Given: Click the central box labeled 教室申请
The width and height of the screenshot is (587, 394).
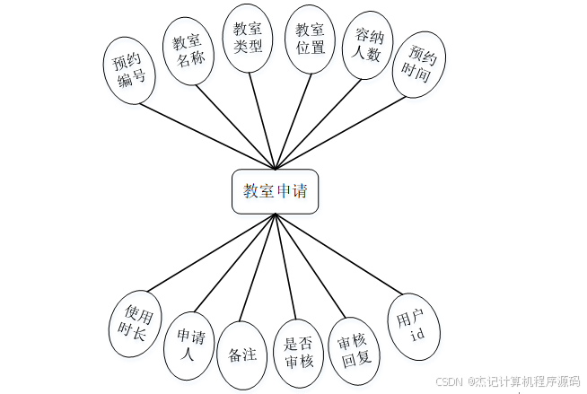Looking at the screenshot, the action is coord(275,191).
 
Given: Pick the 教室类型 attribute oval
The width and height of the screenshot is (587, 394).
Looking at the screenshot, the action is coord(247,38).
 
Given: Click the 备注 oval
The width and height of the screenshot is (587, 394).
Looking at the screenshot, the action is coord(243,355).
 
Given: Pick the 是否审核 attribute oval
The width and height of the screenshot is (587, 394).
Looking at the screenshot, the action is coord(297,353).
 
